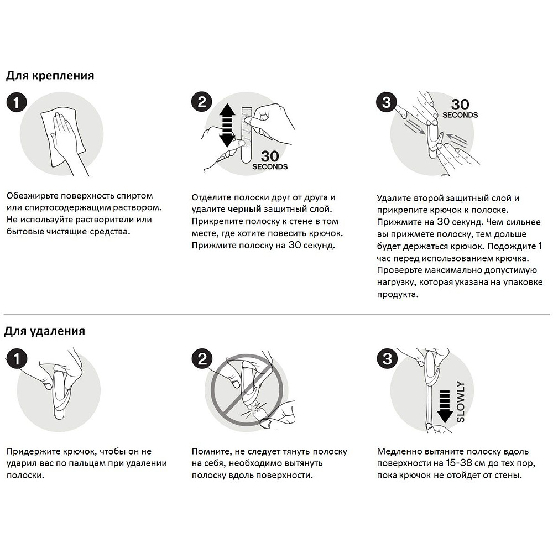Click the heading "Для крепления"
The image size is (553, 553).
coord(50,76)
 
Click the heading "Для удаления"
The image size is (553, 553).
coord(45,331)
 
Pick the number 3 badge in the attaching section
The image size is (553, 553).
coord(386,102)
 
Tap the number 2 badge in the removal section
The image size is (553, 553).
coord(202,359)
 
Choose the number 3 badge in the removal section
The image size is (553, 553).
coord(386,359)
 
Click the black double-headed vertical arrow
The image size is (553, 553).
coord(227,126)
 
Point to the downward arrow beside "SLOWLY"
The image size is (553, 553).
coord(445,404)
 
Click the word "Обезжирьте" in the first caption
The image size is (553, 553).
coord(32,196)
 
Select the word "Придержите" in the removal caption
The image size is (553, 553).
coord(32,451)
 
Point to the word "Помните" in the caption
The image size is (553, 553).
coord(210,451)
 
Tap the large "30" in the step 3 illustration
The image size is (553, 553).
coord(460,105)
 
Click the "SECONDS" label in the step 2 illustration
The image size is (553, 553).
coord(270,166)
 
